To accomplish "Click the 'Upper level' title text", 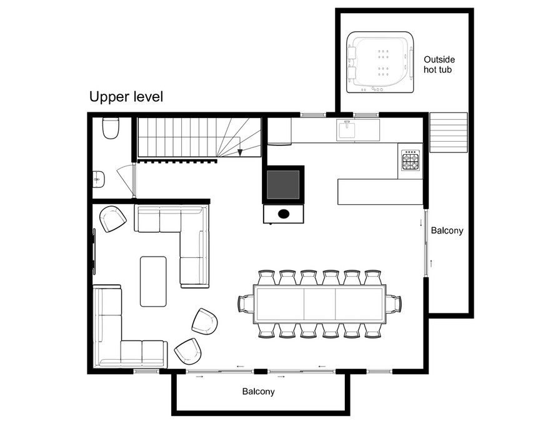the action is coord(126,97).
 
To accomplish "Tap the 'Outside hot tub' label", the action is coord(439,64).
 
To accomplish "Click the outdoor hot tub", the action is coord(380,62).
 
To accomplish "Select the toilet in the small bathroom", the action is coord(111,128).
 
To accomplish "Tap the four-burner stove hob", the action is coord(411,160).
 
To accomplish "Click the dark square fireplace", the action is coord(283,185).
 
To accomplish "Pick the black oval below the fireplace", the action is coord(284,214).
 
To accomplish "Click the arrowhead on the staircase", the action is coord(240,152).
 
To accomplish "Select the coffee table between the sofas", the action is coord(153,281).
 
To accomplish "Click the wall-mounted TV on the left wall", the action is coord(94,251).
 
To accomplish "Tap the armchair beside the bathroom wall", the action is coord(112,219).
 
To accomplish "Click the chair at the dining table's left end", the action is coord(246,303).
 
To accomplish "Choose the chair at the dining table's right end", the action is coord(394,303).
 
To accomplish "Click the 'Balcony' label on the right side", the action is coord(447,231).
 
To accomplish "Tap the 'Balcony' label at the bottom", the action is coord(258,392).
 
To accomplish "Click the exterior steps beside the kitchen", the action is coord(448,132).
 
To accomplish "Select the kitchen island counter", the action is coord(380,191).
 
